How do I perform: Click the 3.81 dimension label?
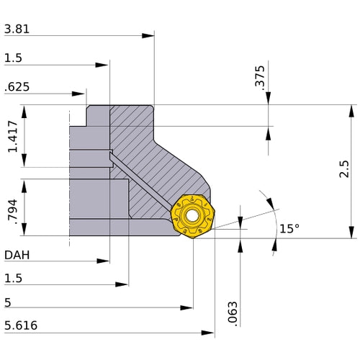click(x=17, y=30)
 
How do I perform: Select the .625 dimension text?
click(x=17, y=87)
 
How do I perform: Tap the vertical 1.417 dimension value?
click(x=13, y=137)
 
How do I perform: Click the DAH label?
click(x=17, y=255)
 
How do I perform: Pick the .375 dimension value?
click(x=260, y=77)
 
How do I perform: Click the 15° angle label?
click(x=289, y=228)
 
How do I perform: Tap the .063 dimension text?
click(x=232, y=310)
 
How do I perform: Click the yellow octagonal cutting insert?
click(x=192, y=215)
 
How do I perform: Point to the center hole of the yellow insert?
click(x=192, y=215)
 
